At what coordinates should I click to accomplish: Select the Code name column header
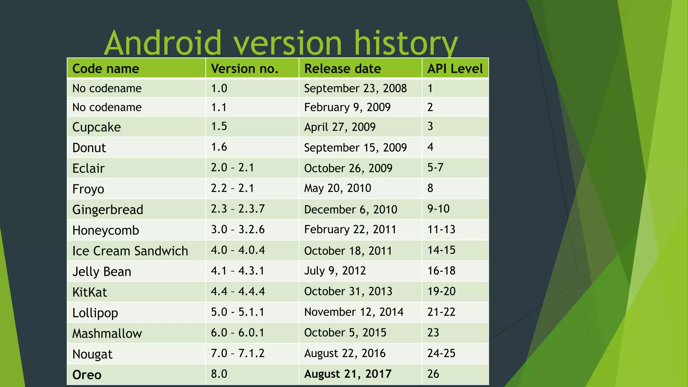105,69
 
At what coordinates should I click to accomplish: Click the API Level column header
455,69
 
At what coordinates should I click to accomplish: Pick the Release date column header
342,69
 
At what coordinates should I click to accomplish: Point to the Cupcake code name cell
96,127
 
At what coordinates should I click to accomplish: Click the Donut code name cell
89,148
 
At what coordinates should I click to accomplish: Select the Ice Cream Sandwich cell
130,251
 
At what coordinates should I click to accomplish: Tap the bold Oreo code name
87,375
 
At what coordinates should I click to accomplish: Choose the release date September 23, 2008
355,88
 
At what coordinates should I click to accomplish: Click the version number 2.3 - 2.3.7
238,209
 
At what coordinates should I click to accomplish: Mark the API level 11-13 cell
441,229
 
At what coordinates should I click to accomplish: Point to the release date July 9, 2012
335,271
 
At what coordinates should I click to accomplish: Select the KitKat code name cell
89,292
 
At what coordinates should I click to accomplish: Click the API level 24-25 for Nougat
441,353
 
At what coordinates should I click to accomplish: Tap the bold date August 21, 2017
348,374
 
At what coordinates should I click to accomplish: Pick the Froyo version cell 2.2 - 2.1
232,188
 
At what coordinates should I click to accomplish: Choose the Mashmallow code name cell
107,334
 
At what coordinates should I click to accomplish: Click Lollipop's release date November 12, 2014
353,312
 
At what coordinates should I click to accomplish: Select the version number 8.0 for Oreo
219,374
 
